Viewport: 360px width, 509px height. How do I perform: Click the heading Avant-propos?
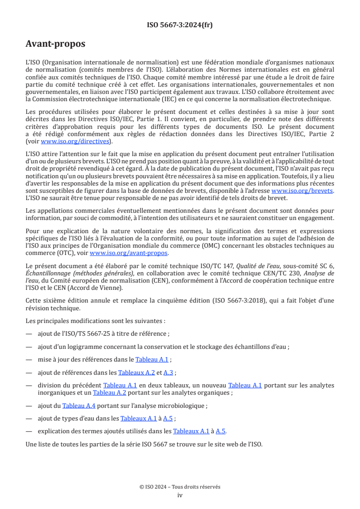pos(55,44)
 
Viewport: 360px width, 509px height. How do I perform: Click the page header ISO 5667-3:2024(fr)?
pos(180,25)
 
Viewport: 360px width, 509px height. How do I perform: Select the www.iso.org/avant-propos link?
pos(129,253)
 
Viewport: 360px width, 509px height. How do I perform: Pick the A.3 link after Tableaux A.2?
pos(168,372)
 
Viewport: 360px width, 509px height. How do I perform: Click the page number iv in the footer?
pos(180,495)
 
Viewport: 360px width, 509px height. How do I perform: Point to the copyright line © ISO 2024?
pos(180,487)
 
